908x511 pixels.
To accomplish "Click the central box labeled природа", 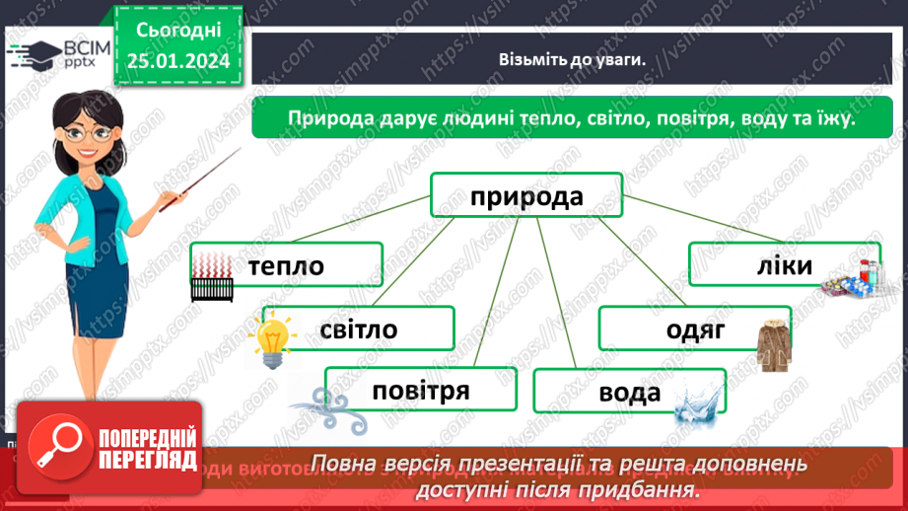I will coord(526,196).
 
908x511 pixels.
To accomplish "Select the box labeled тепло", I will coord(286,265).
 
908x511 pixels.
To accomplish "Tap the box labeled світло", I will coord(358,328).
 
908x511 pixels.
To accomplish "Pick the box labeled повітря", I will coord(421,390).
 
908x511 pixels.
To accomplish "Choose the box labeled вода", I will coord(629,392).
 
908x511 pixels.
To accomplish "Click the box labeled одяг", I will coord(694,329).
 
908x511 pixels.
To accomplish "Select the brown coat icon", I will coord(777,344).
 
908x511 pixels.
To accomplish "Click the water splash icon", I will coord(697,403).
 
